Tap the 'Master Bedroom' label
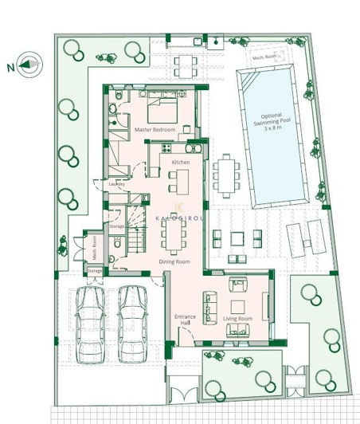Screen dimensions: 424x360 coord(154,128)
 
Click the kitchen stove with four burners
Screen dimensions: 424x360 coord(166,147)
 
